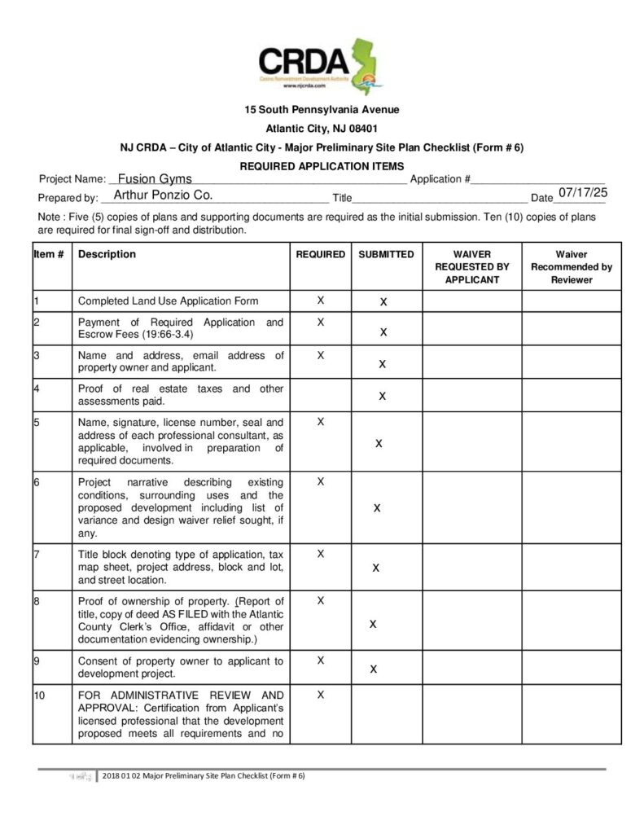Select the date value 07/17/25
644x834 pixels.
pos(583,192)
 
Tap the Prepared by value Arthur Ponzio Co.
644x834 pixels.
pos(163,195)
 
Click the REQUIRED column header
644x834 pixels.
pos(320,254)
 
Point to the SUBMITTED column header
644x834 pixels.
pos(386,254)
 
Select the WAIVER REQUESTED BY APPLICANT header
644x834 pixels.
pos(471,266)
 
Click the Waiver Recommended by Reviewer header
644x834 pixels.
pos(572,266)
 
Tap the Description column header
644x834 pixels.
pos(107,254)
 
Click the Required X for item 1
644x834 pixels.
pos(321,301)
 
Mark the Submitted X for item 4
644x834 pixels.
pos(383,397)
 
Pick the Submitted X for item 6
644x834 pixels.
pos(377,507)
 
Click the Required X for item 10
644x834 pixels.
pos(321,695)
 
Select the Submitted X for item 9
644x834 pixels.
pos(373,669)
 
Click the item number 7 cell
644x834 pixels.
pos(37,554)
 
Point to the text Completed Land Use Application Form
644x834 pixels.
pos(168,301)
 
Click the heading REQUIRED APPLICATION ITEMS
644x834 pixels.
pos(322,166)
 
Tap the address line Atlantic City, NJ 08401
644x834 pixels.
pos(322,128)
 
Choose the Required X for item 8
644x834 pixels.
pos(321,600)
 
